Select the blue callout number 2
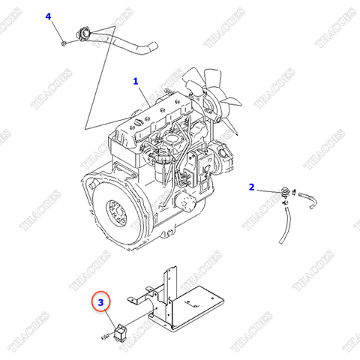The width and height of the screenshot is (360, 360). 251,186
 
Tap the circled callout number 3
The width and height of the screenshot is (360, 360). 101,303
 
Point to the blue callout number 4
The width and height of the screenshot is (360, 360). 49,16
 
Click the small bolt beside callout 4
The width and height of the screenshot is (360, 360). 65,42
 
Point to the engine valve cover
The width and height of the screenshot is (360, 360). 157,112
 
